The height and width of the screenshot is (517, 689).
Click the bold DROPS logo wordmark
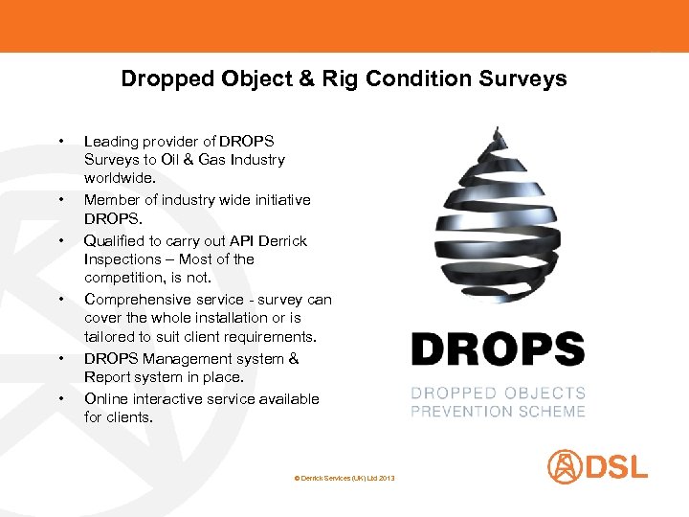coord(498,349)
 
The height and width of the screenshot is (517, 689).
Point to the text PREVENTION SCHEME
coord(498,411)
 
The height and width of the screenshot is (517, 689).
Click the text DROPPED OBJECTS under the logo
coord(498,393)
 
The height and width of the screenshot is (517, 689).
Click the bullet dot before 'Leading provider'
coord(60,142)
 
